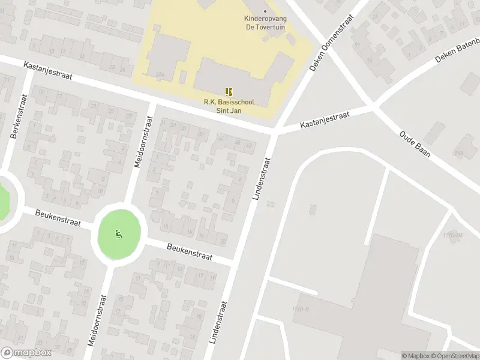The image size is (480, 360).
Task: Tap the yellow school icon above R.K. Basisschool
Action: coord(229,92)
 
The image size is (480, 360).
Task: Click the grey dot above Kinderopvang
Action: coord(265,11)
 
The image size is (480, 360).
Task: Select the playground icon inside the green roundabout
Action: coord(119,234)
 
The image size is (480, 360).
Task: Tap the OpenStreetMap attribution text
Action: coord(453,356)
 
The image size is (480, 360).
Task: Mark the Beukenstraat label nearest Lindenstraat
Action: coord(190,251)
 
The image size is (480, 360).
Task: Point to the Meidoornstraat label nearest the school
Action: coord(146,142)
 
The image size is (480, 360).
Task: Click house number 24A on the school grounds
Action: coord(160,75)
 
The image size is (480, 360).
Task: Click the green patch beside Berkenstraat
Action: coord(3,201)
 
